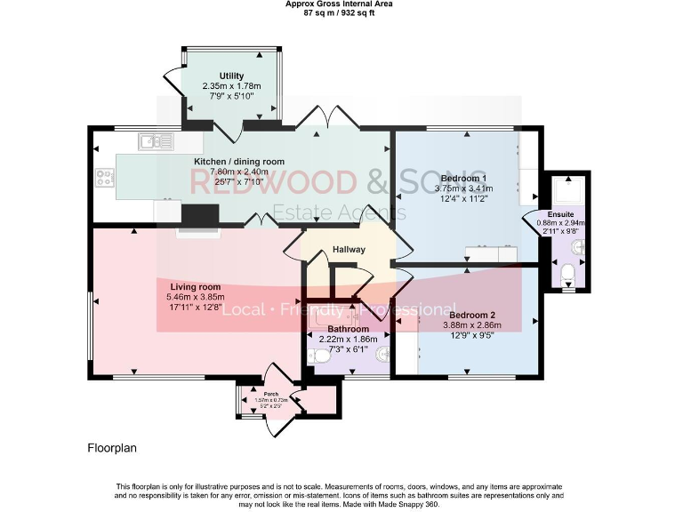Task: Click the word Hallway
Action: (348, 250)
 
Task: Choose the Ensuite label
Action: (561, 215)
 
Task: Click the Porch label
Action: (260, 392)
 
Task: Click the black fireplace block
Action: (201, 216)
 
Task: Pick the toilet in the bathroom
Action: (317, 356)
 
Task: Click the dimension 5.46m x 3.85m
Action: (195, 298)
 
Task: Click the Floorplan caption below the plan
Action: (112, 449)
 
